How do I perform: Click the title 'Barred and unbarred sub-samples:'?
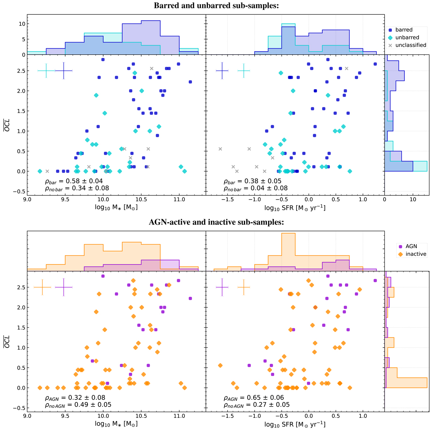pyautogui.click(x=216, y=6)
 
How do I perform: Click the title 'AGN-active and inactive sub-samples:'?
pyautogui.click(x=216, y=223)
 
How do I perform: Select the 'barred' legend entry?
pyautogui.click(x=404, y=30)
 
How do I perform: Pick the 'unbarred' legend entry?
pyautogui.click(x=407, y=38)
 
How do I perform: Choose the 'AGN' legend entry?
pyautogui.click(x=411, y=246)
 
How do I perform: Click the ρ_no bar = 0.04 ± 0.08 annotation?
pyautogui.click(x=255, y=188)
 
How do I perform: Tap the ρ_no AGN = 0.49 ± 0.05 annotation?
pyautogui.click(x=78, y=405)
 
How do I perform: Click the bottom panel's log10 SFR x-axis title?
pyautogui.click(x=295, y=424)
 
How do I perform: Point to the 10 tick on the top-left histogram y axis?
pyautogui.click(x=21, y=24)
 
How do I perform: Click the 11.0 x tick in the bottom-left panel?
pyautogui.click(x=179, y=416)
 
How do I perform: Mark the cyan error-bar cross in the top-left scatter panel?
pyautogui.click(x=46, y=71)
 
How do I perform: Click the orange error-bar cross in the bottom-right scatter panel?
pyautogui.click(x=244, y=287)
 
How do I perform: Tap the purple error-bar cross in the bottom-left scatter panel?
pyautogui.click(x=64, y=287)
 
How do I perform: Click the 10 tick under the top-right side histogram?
pyautogui.click(x=413, y=199)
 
